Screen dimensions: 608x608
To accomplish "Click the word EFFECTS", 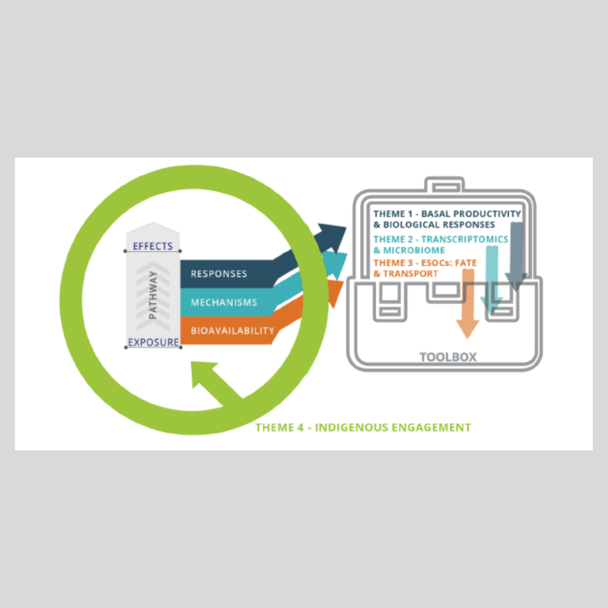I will point(153,246).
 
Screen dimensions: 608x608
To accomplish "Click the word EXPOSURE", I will point(153,343).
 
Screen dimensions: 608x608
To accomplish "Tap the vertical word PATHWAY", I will point(153,294).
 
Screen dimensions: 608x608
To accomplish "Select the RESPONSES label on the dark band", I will point(218,274).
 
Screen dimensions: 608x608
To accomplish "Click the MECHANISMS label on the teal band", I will point(224,302).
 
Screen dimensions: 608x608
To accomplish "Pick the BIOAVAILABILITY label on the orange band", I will point(233,330).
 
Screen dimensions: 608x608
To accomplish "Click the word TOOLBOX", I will point(448,357).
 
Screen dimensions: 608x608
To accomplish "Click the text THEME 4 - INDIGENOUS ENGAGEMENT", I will point(363,427).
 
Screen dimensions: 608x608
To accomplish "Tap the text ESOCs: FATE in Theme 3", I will point(453,263).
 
